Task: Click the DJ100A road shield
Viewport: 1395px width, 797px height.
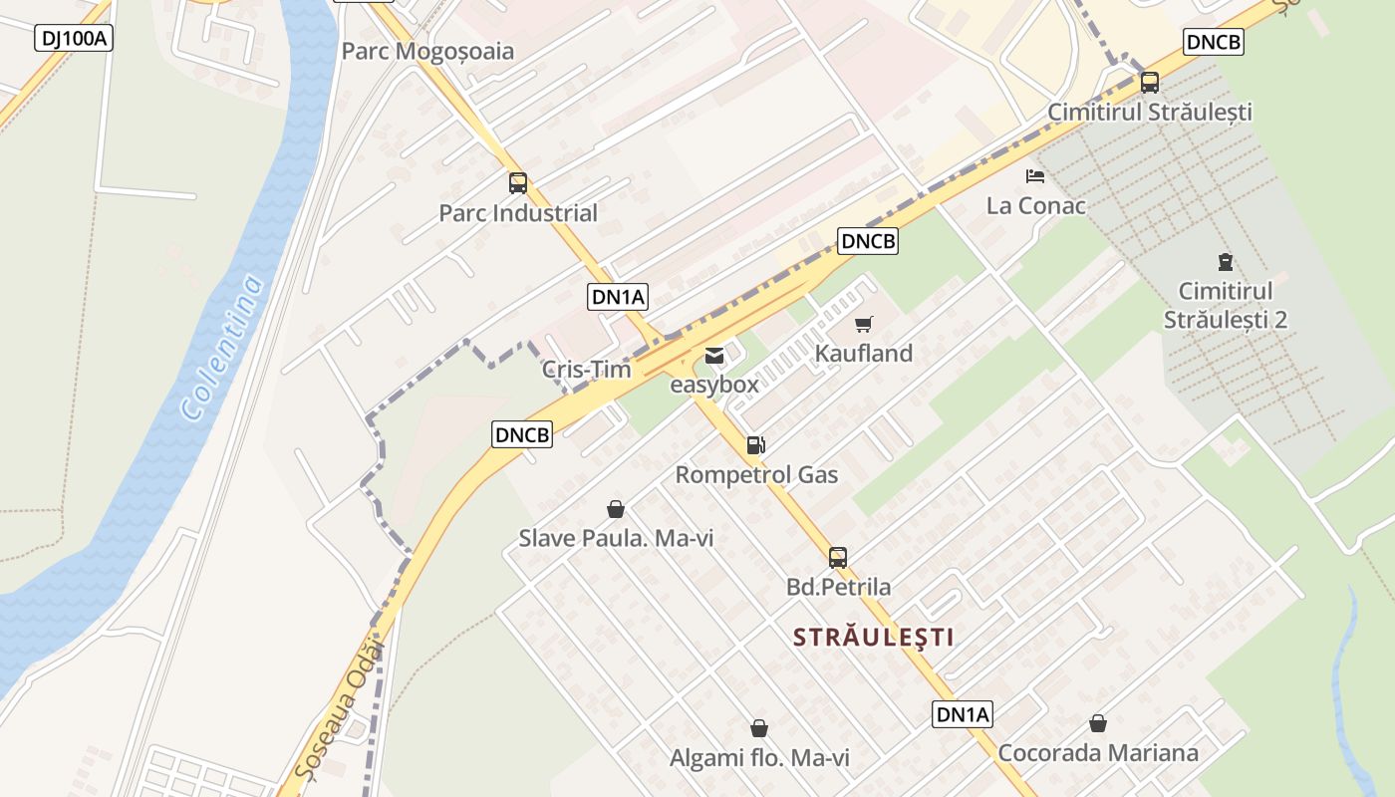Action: point(75,39)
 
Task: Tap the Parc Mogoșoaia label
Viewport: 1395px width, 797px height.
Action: point(427,51)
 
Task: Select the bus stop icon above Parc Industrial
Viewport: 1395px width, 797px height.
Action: point(518,183)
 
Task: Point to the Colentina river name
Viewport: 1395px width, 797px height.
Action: point(223,346)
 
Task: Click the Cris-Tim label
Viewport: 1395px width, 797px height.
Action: point(586,370)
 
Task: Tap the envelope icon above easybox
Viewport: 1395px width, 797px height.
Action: point(714,355)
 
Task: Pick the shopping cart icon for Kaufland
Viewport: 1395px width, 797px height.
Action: point(864,324)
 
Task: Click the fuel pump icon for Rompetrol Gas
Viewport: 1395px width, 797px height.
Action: point(756,445)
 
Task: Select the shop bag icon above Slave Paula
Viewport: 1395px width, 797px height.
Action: point(616,509)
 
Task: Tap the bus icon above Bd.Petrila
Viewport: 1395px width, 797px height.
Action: point(838,558)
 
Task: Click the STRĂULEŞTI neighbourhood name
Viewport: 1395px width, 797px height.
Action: point(873,637)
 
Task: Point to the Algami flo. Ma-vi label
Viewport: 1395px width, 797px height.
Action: point(759,758)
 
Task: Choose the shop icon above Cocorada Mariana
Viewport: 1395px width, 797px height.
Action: point(1098,723)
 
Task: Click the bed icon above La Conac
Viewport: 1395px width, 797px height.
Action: point(1035,176)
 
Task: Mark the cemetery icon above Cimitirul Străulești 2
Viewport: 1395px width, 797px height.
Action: point(1225,263)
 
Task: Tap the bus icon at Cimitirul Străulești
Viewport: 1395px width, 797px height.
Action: point(1149,83)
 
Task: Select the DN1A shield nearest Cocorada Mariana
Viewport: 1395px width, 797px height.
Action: point(963,713)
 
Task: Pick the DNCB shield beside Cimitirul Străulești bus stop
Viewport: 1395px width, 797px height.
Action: point(1214,42)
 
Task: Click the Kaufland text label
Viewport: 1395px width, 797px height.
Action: point(864,353)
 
